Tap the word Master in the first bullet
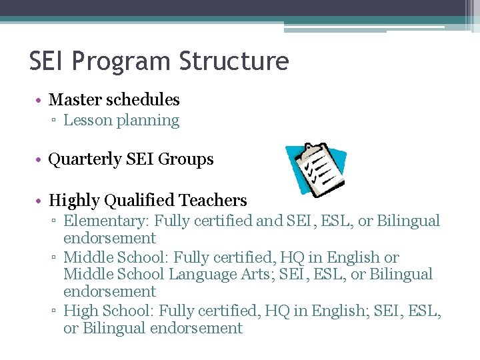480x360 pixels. pyautogui.click(x=73, y=100)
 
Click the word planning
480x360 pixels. pyautogui.click(x=148, y=121)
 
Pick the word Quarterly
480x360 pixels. pyautogui.click(x=83, y=160)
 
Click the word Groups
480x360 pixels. pyautogui.click(x=191, y=160)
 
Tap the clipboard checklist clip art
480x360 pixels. pyautogui.click(x=316, y=169)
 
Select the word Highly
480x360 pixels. pyautogui.click(x=74, y=201)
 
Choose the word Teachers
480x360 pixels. pyautogui.click(x=213, y=201)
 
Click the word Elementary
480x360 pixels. pyautogui.click(x=99, y=221)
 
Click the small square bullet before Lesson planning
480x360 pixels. pyautogui.click(x=56, y=121)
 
